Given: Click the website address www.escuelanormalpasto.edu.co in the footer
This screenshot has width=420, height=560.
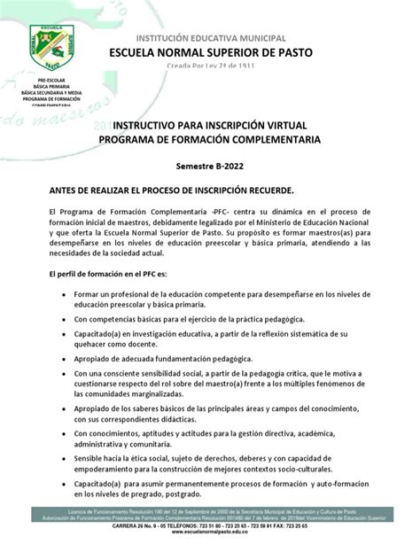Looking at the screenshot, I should pos(209,553).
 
